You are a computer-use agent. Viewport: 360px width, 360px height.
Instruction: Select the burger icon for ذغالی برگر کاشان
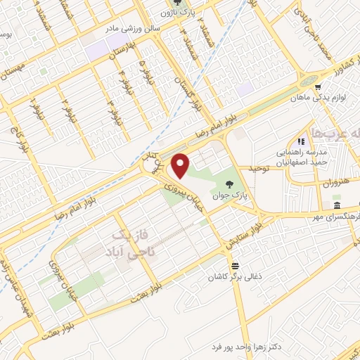[234, 266]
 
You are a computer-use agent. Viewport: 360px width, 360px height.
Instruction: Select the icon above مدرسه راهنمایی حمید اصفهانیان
[300, 141]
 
